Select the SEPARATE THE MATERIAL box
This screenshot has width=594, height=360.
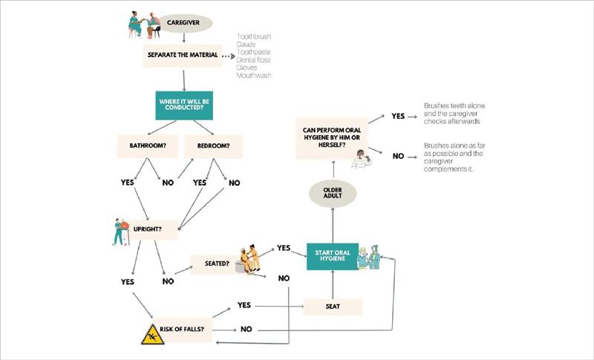[183, 55]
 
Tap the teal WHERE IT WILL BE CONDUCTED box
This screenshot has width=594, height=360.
[183, 105]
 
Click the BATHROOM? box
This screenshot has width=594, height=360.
[147, 146]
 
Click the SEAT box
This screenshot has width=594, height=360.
[333, 307]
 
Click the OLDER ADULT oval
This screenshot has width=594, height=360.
[333, 193]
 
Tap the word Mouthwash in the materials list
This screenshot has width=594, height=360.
[253, 76]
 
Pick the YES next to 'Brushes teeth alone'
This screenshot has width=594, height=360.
[398, 117]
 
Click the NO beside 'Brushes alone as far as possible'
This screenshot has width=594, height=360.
[398, 156]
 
